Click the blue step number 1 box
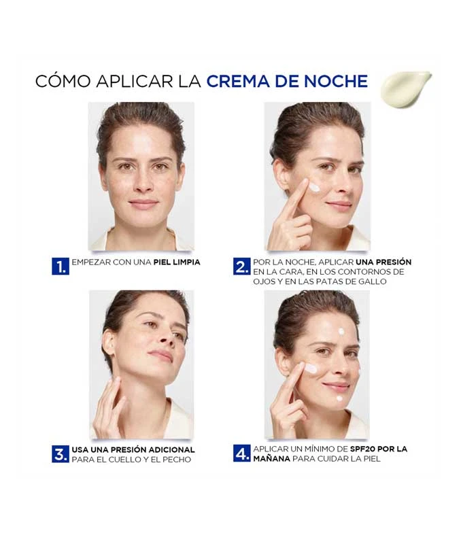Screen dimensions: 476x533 (60, 266)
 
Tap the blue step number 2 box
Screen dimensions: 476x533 (242, 266)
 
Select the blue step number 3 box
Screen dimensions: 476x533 (60, 454)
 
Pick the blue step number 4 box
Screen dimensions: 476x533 (242, 453)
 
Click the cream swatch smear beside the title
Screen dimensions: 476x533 (405, 88)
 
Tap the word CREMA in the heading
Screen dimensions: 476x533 (237, 82)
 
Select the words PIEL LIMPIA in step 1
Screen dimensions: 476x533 (177, 262)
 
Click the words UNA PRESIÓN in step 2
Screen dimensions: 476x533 (384, 262)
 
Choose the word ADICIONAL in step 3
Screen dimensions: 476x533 (170, 450)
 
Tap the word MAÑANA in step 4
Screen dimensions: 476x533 (271, 459)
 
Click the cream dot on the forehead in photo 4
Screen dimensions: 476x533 (341, 331)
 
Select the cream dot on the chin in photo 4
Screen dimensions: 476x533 (339, 398)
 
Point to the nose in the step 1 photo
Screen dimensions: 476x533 (144, 182)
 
